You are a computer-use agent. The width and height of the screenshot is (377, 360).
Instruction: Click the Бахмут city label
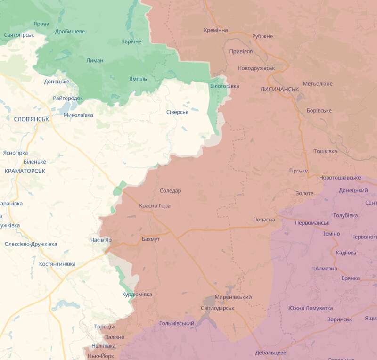(151, 239)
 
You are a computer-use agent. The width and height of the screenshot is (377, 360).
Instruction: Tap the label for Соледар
(170, 191)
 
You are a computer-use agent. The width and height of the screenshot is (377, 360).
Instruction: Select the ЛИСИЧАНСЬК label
(279, 89)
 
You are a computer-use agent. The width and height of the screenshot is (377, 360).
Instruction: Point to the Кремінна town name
(216, 30)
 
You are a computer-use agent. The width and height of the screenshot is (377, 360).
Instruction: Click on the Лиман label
(95, 60)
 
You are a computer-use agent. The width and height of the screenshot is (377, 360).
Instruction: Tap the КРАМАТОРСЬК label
(25, 171)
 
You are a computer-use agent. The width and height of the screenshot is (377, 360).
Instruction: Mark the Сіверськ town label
(177, 112)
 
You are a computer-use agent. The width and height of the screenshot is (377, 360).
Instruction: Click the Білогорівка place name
(224, 86)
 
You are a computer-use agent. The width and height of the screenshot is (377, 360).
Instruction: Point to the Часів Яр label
(101, 240)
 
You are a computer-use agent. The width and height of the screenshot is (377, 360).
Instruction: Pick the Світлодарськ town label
(217, 308)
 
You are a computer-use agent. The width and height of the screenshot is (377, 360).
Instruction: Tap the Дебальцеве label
(270, 352)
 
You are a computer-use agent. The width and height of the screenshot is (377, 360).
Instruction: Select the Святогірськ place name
(19, 35)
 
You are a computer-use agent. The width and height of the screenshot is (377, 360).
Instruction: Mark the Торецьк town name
(105, 327)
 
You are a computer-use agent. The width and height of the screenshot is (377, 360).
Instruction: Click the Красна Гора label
(155, 206)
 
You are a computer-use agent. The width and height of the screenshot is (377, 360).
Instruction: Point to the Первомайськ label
(312, 222)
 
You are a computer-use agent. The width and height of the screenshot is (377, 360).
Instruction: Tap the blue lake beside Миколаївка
(66, 109)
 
